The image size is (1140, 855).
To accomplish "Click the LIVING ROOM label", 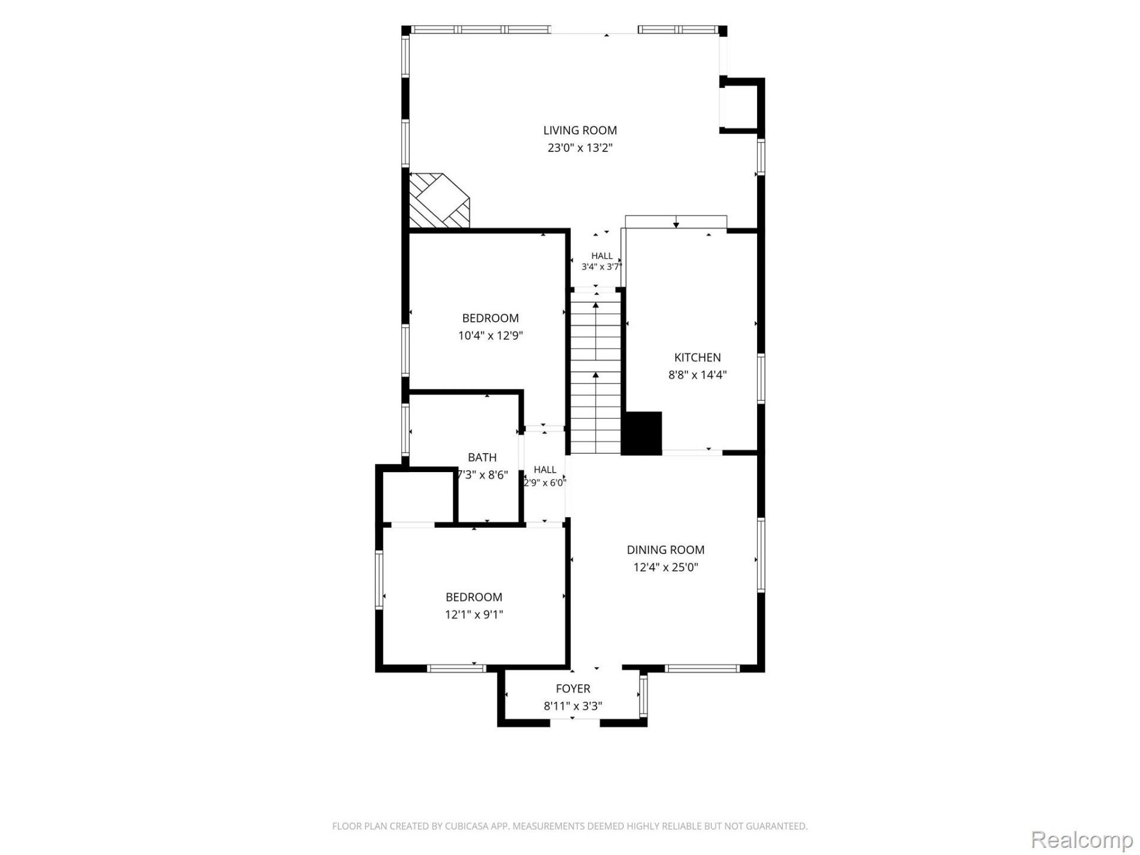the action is (x=580, y=131).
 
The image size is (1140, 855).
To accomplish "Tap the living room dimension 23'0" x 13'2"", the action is (x=580, y=148).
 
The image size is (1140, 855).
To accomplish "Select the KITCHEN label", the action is (x=698, y=357).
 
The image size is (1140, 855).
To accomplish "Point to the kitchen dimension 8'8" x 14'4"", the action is (x=698, y=375).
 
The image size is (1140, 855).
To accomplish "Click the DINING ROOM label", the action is (x=666, y=550).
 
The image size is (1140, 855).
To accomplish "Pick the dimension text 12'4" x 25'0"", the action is (x=666, y=567).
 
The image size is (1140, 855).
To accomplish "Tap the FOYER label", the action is (x=573, y=689).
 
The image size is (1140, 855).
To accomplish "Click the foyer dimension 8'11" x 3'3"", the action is (x=573, y=706).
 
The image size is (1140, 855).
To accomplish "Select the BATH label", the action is (x=482, y=458).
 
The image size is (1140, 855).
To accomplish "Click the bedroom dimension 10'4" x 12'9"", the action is (x=490, y=335).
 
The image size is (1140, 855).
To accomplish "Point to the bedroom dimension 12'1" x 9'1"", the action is (x=474, y=615).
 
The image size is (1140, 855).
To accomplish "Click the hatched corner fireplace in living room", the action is (x=439, y=200).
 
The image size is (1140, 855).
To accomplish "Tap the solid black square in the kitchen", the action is (x=642, y=433).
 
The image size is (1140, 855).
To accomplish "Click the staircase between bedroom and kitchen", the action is (x=596, y=372).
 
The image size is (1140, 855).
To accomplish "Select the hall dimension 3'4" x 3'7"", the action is (x=601, y=267).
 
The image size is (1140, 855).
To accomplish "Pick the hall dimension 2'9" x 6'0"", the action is (x=545, y=483).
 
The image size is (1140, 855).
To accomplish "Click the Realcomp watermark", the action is (x=1081, y=840).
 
